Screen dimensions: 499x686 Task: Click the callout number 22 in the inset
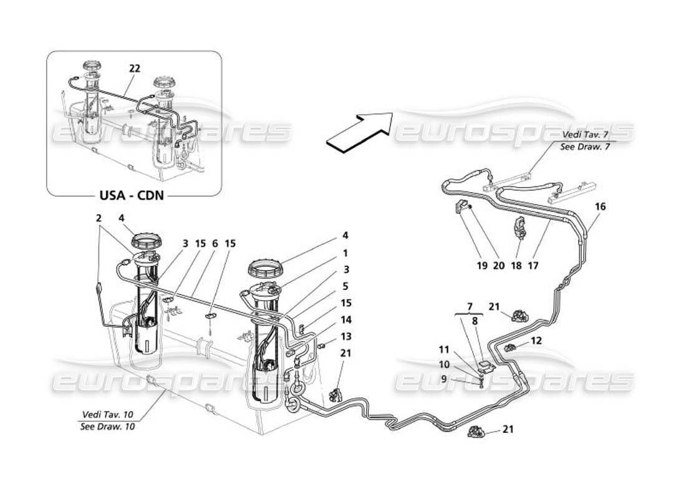click(135, 69)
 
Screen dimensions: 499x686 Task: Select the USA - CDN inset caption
click(132, 195)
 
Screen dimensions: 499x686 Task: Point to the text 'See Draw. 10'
click(107, 427)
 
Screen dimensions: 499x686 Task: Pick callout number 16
click(601, 206)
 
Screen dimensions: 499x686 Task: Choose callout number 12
click(537, 342)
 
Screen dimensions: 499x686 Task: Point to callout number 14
click(345, 319)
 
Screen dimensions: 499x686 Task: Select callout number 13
click(345, 337)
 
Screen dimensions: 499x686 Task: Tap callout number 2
click(99, 218)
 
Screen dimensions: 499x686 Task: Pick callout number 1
click(345, 254)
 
